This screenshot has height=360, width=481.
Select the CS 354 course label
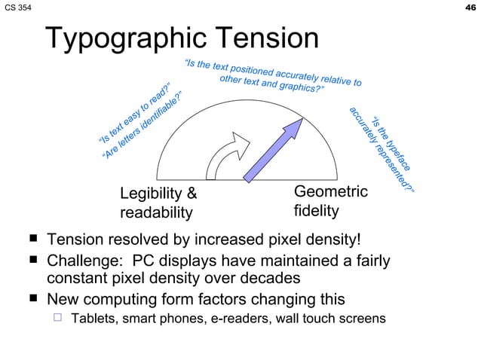17,8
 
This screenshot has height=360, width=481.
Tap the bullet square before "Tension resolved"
33,240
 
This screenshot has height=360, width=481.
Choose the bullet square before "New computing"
33,299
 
